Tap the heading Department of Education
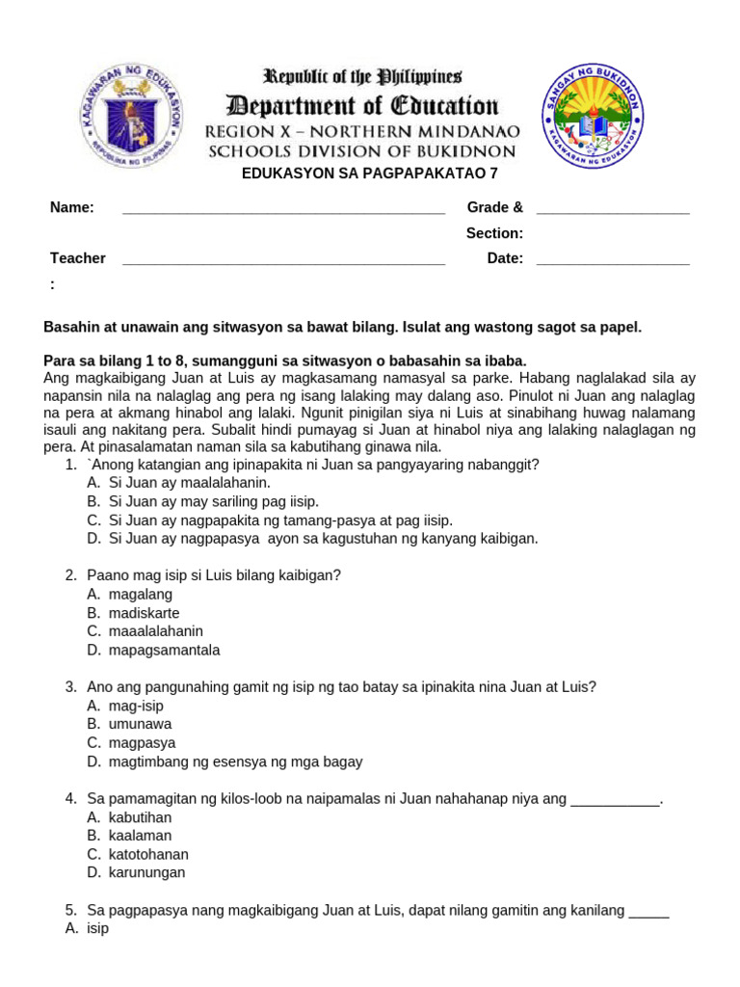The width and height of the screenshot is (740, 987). (x=362, y=105)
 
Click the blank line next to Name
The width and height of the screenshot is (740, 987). (x=283, y=208)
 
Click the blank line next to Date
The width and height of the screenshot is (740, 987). (x=612, y=258)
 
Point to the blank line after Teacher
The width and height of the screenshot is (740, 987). (x=283, y=258)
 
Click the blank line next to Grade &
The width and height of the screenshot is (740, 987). (x=612, y=208)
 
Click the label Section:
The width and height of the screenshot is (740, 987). (x=494, y=233)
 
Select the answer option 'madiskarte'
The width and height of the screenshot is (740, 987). (x=144, y=613)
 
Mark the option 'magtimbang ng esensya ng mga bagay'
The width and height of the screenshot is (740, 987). (x=235, y=761)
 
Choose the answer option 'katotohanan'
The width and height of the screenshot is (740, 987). (x=148, y=854)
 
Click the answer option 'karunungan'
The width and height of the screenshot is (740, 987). (x=146, y=872)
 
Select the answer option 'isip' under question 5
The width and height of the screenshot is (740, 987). (x=97, y=928)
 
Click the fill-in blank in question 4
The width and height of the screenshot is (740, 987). (x=616, y=799)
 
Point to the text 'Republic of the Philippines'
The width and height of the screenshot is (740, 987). (x=363, y=76)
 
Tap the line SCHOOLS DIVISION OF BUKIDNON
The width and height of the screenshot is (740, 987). (x=362, y=151)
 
